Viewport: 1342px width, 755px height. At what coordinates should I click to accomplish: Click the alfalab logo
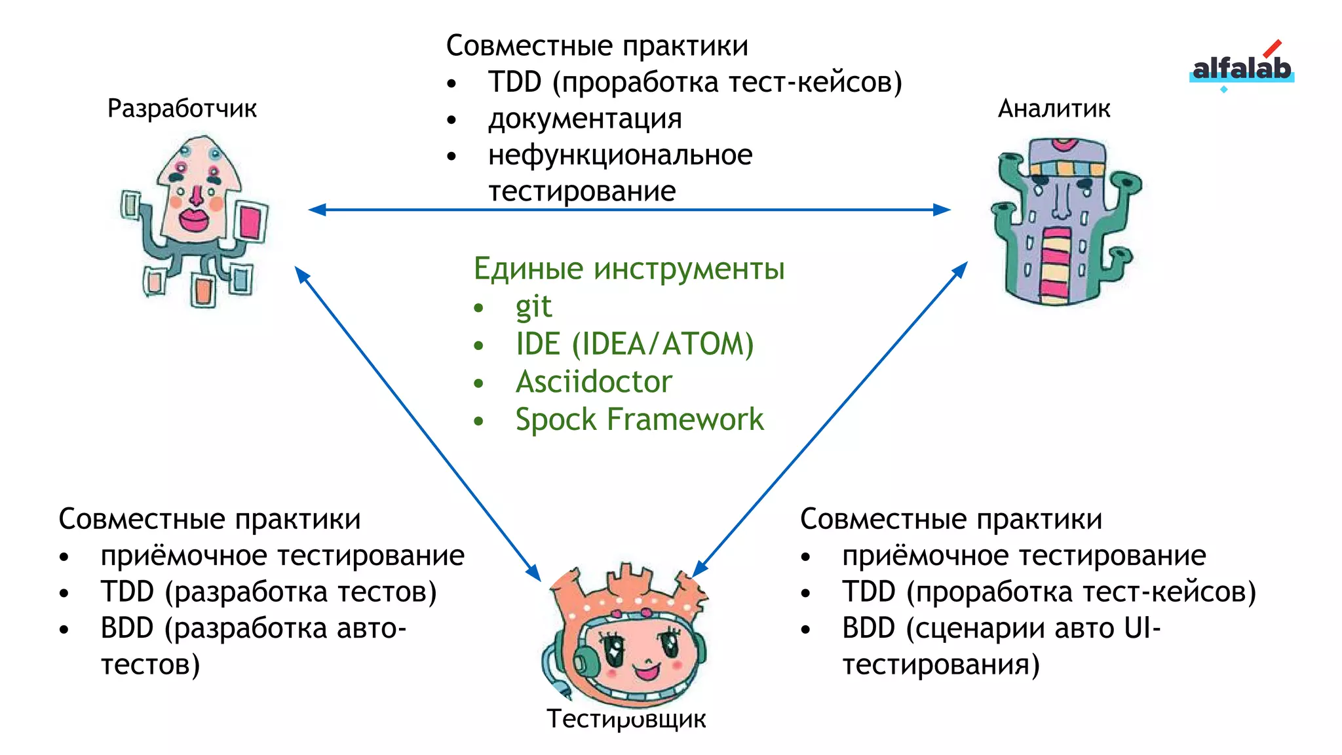coord(1241,68)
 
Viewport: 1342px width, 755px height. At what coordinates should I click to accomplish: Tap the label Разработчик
coord(182,109)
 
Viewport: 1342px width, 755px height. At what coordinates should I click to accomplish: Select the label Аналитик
coord(1054,109)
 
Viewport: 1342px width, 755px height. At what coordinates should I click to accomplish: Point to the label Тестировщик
coord(626,719)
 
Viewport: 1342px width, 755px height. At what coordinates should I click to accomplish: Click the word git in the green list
coord(533,307)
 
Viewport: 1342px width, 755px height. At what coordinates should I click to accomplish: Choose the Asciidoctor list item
coord(594,382)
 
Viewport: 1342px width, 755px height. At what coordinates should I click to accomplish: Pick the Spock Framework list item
coord(640,419)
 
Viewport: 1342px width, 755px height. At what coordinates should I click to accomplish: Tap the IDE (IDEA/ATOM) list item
coord(634,344)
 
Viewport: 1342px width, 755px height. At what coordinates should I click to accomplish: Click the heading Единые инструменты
coord(628,269)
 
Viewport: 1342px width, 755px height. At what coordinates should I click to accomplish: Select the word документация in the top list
coord(585,119)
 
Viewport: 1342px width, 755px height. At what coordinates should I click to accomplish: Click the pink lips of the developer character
coord(194,219)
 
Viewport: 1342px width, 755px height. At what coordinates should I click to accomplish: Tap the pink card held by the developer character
coord(250,222)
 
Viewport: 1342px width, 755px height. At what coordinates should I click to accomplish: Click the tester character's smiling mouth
coord(645,671)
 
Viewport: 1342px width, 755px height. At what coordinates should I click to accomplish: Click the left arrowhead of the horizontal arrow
coord(316,210)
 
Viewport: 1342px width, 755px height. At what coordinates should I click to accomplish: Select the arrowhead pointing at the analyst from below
coord(960,269)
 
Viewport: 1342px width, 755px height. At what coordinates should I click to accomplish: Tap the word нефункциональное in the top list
coord(620,155)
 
